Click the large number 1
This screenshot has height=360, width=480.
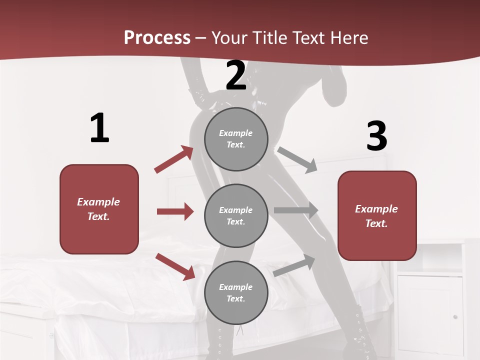click(99, 128)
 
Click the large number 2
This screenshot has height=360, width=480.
click(236, 76)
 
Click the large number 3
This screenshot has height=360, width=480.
click(376, 136)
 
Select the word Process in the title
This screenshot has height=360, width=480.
click(157, 37)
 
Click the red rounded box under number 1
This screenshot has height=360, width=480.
click(99, 209)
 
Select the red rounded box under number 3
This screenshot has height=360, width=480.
click(377, 215)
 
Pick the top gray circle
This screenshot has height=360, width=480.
click(236, 139)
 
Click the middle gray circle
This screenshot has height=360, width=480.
click(236, 215)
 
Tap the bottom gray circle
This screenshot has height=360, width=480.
click(236, 292)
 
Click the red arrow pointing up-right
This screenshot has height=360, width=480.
click(174, 159)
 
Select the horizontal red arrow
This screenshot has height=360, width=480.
click(175, 211)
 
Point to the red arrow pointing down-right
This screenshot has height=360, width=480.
click(175, 266)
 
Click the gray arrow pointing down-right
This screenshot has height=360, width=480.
click(297, 159)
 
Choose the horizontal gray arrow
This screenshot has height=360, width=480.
click(296, 210)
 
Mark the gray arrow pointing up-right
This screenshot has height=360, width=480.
click(294, 265)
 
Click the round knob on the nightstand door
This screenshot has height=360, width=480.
click(455, 316)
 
